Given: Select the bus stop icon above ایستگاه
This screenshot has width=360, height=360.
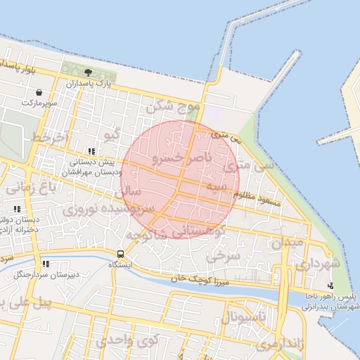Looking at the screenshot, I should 120,253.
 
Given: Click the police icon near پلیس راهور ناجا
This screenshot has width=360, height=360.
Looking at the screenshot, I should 311,285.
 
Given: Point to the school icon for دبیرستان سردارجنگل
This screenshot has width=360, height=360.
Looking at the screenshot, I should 46,264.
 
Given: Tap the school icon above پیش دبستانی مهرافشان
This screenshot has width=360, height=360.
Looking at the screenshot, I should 91,151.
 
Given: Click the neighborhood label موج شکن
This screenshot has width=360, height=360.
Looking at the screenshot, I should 172,108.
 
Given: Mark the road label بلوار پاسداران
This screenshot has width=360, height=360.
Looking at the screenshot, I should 28,68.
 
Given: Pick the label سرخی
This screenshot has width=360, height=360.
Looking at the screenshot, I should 229,255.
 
